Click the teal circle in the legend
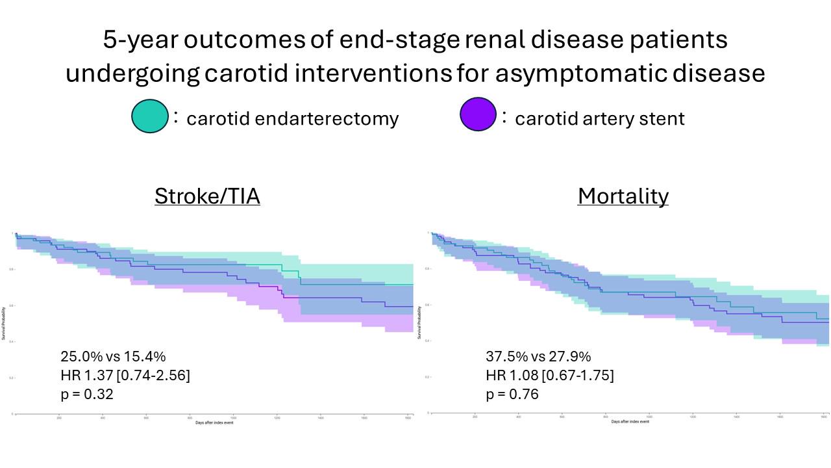[150, 116]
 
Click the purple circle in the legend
[478, 115]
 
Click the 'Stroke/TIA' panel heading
[207, 196]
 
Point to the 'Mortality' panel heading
[623, 196]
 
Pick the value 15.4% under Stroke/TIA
[147, 356]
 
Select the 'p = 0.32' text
[87, 394]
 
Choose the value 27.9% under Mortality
[572, 356]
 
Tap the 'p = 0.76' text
[512, 394]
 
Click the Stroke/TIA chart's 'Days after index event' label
[212, 423]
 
